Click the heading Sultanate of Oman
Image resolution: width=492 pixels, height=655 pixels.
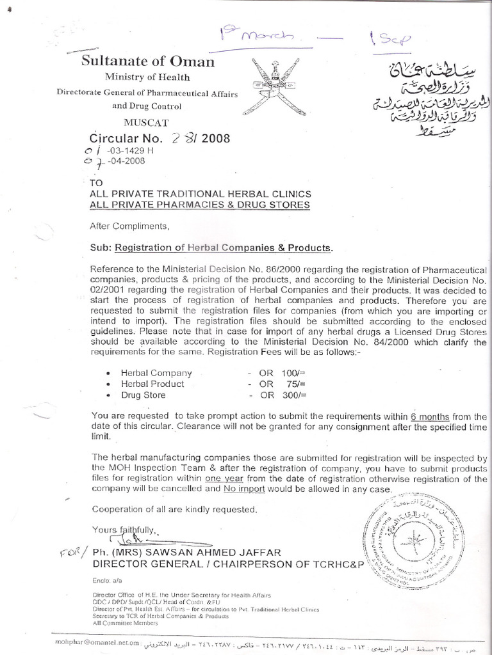coord(147,62)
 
